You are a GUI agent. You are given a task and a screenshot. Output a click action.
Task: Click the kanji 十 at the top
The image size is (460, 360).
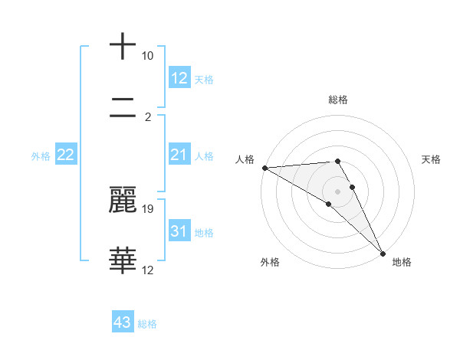click(x=123, y=47)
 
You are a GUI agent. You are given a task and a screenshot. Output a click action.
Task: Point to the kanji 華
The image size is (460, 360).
click(x=123, y=260)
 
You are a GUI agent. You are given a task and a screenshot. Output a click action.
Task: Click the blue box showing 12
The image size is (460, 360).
click(x=179, y=78)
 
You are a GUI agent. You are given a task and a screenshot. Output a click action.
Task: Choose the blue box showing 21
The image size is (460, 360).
click(x=179, y=155)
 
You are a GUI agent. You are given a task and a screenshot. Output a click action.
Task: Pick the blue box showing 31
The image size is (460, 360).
click(x=179, y=232)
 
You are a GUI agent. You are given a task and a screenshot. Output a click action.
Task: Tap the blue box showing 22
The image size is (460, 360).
click(x=66, y=155)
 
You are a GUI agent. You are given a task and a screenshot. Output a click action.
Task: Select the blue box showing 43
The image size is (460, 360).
click(x=123, y=322)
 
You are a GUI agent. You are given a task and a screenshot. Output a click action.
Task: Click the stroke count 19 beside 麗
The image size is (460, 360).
click(x=148, y=208)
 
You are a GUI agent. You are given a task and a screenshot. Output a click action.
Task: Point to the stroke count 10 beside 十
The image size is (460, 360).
click(x=148, y=56)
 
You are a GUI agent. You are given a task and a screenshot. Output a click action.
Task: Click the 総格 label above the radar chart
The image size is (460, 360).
click(x=338, y=100)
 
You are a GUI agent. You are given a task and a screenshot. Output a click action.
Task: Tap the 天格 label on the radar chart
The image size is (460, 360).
click(x=432, y=159)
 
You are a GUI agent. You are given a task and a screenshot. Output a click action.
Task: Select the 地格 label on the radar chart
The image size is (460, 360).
click(x=402, y=262)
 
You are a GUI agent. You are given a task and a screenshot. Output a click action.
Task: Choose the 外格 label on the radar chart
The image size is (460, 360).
click(x=269, y=262)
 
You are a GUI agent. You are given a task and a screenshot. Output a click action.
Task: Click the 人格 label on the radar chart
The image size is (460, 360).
click(x=245, y=159)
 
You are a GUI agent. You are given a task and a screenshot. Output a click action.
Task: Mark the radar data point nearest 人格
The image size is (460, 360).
click(x=264, y=168)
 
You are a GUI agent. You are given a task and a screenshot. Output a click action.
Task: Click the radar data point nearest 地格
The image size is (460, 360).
click(x=383, y=252)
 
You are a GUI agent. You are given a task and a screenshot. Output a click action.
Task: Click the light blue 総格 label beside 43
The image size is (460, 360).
click(x=148, y=324)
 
